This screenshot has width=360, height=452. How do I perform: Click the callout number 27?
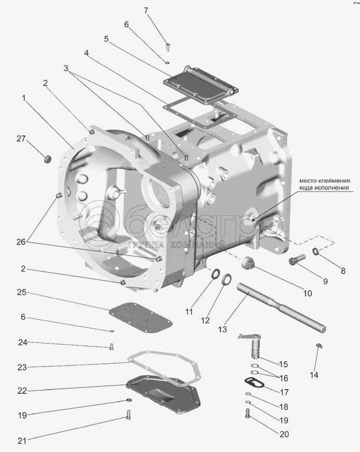coord(21,139)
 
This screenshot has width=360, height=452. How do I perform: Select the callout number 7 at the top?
coord(146,10)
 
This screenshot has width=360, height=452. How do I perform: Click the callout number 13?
coord(223,329)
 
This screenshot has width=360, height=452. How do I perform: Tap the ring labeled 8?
coord(315,252)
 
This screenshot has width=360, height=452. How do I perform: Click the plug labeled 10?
coord(248,263)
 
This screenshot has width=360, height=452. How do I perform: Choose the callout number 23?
coord(21,367)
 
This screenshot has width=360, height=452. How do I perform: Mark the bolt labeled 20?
coord(247,413)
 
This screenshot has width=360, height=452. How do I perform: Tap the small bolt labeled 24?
coord(111,347)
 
